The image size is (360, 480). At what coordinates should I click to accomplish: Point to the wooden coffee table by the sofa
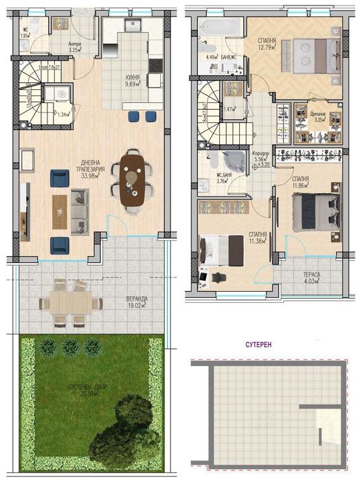point(60,209)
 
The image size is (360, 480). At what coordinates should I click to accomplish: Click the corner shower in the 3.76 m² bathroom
point(234,161)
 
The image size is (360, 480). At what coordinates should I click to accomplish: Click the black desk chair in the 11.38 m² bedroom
point(218,276)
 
